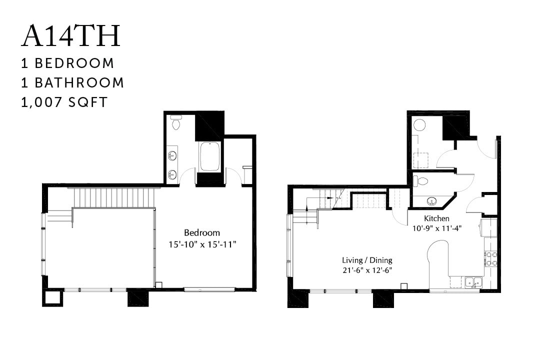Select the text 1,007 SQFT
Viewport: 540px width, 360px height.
[64, 102]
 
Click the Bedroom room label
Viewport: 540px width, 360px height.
[202, 232]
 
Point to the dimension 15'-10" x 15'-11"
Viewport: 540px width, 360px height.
[202, 244]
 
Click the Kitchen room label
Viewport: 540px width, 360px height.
[436, 218]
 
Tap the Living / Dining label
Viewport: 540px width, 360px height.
[367, 260]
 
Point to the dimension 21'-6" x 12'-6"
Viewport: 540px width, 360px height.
[367, 270]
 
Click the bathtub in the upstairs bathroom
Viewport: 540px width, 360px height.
[210, 156]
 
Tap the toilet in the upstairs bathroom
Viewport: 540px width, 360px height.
[176, 122]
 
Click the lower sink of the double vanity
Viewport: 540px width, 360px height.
[172, 174]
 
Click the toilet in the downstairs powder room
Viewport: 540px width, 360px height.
[420, 181]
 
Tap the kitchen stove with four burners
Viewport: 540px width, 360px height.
[490, 258]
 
